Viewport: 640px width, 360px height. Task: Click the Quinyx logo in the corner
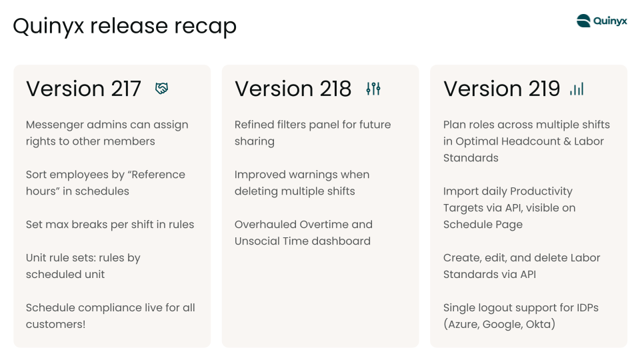pos(601,21)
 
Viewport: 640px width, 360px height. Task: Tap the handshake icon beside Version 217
pos(161,88)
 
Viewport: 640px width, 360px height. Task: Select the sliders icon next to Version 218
pos(373,89)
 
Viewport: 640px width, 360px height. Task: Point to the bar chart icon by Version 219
pos(577,89)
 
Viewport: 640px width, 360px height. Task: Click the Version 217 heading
pos(84,89)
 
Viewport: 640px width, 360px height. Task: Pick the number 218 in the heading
pos(335,89)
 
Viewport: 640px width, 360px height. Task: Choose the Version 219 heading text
pos(501,89)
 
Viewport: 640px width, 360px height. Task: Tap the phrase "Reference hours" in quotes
pos(105,183)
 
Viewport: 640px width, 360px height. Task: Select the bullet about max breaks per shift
pos(110,225)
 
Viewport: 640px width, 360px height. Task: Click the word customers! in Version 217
pos(55,324)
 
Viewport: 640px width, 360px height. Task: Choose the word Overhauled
pos(265,225)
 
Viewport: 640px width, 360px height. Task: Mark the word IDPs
pos(587,307)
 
